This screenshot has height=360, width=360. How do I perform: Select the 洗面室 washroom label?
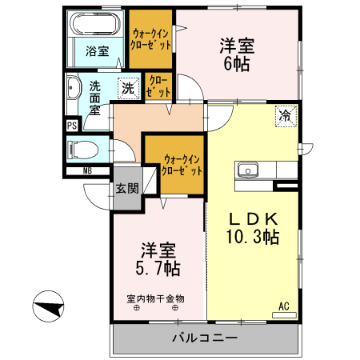(95, 98)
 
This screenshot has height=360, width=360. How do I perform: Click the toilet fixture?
(83, 149)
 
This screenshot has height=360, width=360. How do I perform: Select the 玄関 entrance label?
(127, 190)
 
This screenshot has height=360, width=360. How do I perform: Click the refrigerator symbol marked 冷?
(285, 115)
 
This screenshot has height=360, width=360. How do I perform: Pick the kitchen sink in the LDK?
(246, 170)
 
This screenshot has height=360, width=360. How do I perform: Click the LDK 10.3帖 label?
(255, 228)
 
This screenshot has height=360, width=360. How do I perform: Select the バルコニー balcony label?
(205, 338)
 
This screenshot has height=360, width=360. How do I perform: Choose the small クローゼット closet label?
(156, 86)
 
